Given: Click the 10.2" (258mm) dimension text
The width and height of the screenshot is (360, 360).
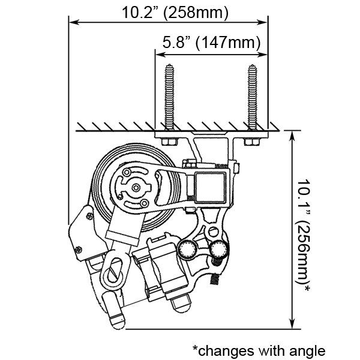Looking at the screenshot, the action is tap(175, 13).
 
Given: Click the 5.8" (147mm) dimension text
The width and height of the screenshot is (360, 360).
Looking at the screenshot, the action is tap(211, 43).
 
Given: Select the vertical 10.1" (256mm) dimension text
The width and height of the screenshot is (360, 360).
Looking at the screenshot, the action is tap(304, 236).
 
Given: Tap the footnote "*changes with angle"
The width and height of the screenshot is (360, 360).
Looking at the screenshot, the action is tap(259, 351).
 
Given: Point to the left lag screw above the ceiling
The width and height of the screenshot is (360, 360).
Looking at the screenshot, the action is tap(169, 97).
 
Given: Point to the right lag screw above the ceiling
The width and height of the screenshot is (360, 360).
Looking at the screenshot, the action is tap(253, 97).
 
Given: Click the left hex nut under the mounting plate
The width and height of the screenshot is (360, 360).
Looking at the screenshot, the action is tap(170, 142).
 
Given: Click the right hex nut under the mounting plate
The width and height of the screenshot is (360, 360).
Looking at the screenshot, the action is tap(252, 142).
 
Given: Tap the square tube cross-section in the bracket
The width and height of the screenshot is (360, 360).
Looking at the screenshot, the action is tap(210, 188).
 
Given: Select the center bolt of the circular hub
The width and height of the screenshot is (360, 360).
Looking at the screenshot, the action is tap(136, 188).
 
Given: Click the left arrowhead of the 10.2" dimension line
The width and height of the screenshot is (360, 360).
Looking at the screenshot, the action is tap(74, 22).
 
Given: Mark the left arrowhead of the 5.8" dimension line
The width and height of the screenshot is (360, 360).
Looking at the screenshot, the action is tap(160, 55).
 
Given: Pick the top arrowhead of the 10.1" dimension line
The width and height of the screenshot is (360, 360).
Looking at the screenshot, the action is tap(292, 136).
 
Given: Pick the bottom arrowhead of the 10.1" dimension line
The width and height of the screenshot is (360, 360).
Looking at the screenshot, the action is tap(292, 323).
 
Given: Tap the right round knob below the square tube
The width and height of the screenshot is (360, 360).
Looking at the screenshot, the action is tap(219, 250).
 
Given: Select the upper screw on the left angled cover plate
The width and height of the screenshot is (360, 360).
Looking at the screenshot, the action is tap(89, 216).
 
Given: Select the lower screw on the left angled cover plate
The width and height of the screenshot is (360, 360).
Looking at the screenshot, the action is tap(78, 250).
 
